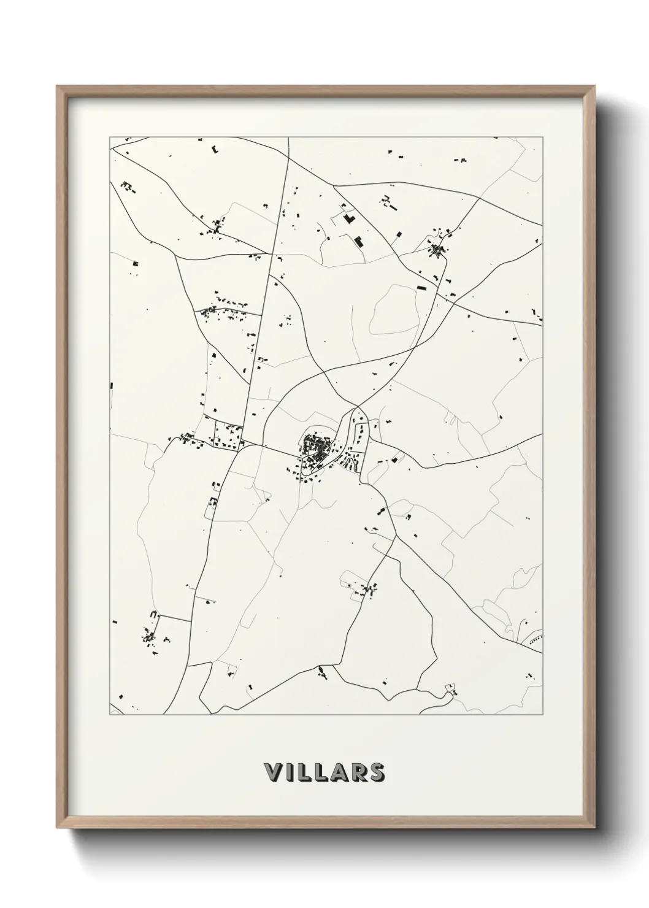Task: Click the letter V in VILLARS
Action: [273, 772]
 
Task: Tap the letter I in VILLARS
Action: [288, 772]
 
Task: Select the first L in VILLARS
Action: [302, 772]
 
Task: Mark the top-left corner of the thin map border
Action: [110, 137]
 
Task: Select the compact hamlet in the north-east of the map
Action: [438, 249]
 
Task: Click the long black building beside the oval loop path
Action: [421, 287]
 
